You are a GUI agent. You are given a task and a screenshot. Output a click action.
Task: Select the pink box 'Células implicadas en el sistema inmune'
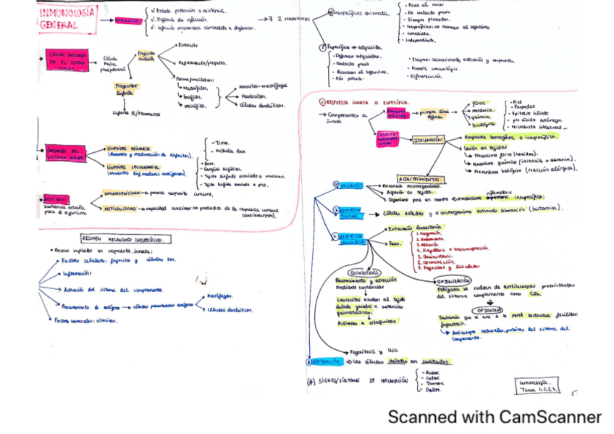click(x=67, y=59)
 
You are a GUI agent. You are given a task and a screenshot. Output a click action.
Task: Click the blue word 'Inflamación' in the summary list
click(x=77, y=273)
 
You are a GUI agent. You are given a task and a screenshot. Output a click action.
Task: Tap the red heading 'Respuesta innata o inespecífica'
click(x=366, y=103)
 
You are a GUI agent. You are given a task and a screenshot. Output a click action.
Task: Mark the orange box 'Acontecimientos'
click(x=418, y=178)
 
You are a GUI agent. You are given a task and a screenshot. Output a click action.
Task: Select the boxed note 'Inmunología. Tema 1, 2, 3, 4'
click(x=540, y=385)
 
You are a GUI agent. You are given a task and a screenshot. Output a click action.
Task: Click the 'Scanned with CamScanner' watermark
click(x=494, y=417)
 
